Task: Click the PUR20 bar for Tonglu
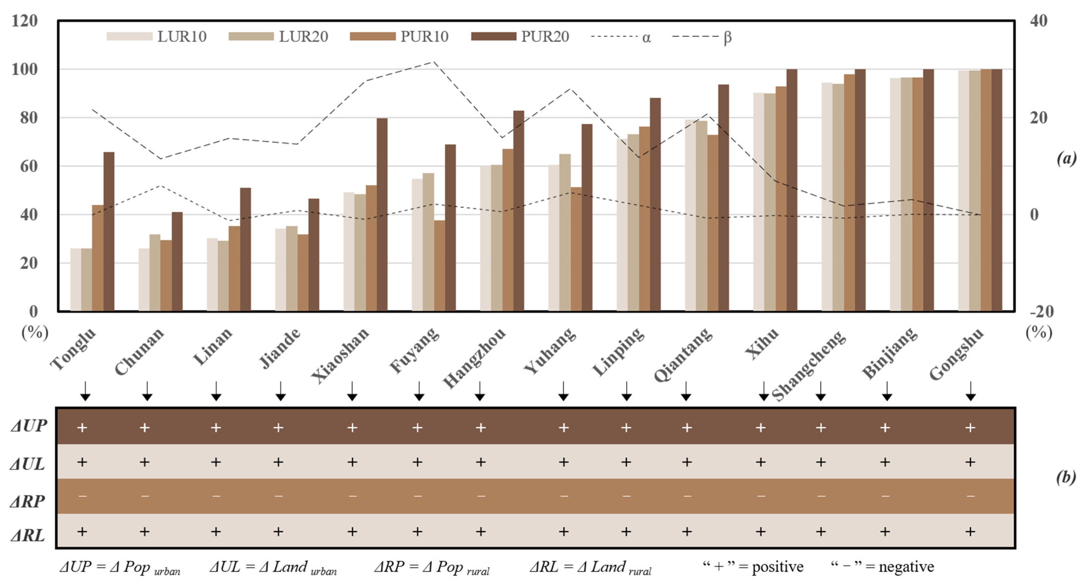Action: [x=109, y=231]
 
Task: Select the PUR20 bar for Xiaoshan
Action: [x=382, y=215]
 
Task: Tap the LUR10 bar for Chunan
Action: [x=144, y=280]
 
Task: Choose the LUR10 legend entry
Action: [x=157, y=37]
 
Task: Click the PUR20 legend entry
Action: [x=520, y=37]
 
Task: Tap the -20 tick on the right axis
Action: [x=1041, y=312]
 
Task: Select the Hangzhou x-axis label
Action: [x=474, y=358]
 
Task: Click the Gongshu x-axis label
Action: [x=956, y=354]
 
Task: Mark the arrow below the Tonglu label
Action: [x=86, y=391]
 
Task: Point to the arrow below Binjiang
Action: [x=887, y=391]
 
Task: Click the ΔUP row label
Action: [x=29, y=426]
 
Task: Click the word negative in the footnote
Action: [x=906, y=567]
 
